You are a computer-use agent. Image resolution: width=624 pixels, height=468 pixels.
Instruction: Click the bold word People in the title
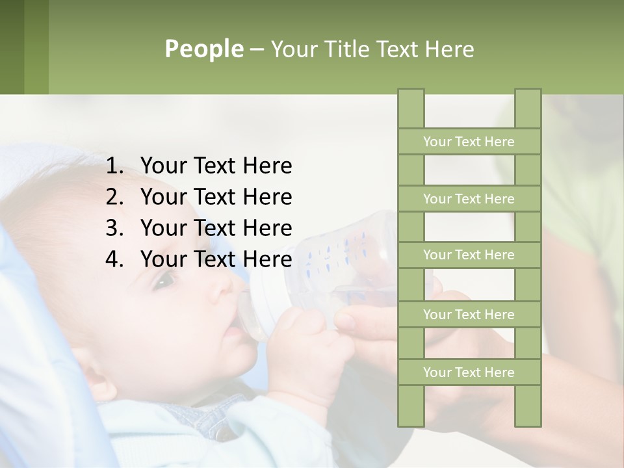pos(203,49)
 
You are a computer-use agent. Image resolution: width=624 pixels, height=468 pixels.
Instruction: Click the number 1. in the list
pos(114,166)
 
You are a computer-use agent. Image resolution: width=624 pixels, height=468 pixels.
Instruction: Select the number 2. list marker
pos(114,197)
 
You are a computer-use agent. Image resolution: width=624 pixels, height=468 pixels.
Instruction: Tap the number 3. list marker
pos(114,228)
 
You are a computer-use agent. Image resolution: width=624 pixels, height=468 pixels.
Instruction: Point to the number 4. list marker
pos(114,259)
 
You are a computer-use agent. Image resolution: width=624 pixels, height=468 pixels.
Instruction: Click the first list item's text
pos(216,166)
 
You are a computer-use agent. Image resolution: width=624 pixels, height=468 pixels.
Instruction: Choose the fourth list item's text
pos(216,259)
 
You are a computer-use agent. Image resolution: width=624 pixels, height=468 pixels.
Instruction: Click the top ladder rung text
pos(469,142)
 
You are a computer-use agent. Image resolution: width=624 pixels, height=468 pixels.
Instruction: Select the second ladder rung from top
pos(469,199)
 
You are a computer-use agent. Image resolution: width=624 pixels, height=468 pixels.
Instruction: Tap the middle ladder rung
pos(469,255)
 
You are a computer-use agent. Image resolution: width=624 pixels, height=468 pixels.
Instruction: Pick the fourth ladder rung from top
pos(469,315)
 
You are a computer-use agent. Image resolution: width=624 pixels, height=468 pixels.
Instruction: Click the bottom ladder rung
pos(469,372)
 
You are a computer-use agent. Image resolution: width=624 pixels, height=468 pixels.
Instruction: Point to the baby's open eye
pos(164,281)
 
